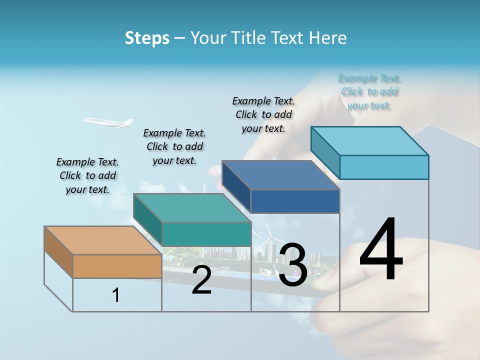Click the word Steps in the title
[147, 38]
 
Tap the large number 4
[381, 250]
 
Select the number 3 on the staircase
[293, 265]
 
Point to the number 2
[201, 280]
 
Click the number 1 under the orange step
[116, 295]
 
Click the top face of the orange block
[102, 240]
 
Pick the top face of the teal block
[192, 207]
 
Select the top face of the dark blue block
[280, 175]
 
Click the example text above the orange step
[87, 175]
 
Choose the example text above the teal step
[174, 146]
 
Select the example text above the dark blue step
[263, 114]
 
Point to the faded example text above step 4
[369, 91]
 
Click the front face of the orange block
[117, 266]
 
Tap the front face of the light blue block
[384, 167]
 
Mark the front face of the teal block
[206, 234]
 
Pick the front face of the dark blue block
[295, 201]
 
